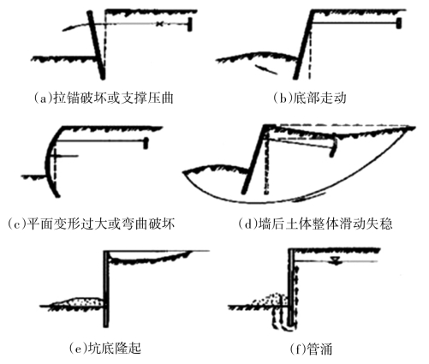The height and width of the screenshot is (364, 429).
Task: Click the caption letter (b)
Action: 283,98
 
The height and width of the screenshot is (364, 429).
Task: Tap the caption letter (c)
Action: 15,224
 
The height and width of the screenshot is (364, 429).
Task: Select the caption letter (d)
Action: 247,224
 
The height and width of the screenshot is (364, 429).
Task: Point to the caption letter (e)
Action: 78,348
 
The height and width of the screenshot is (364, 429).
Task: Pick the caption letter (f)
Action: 297,349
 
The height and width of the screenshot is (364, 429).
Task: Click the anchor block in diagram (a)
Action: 189,24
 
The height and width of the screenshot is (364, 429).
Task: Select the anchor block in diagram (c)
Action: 146,143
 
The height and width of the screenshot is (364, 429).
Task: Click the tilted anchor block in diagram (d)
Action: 333,147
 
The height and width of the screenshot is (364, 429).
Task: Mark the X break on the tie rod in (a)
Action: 160,24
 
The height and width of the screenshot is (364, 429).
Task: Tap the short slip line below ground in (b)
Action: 266,69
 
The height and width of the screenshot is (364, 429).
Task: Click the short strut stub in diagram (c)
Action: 67,156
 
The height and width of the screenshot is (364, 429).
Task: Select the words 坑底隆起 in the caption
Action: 115,348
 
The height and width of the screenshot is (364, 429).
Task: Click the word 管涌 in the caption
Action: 319,349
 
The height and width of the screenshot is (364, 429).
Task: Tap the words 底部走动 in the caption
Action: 319,98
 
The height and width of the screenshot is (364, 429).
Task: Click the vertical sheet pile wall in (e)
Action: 106,289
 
